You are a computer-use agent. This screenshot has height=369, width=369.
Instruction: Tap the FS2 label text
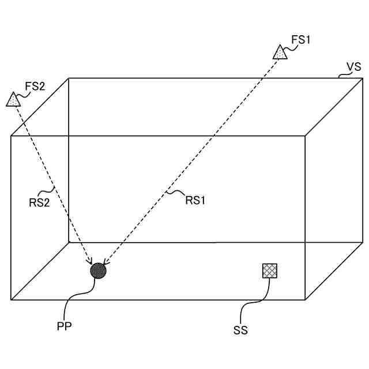point(35,86)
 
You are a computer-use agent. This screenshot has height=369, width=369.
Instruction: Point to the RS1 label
point(195,200)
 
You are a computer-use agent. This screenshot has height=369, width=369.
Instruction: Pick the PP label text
point(64,326)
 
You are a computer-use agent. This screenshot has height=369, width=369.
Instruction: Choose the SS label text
point(240,330)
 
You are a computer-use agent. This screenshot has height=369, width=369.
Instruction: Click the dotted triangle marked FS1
point(280,53)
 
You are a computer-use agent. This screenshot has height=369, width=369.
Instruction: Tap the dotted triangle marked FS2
point(13,99)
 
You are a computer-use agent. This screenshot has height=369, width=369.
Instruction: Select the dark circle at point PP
point(99,270)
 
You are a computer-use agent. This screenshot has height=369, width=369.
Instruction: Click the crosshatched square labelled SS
point(269,270)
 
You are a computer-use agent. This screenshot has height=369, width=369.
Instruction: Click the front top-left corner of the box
point(11,136)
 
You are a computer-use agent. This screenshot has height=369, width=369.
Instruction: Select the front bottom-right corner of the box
point(305,300)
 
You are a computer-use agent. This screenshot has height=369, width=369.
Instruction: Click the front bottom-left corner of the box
point(11,300)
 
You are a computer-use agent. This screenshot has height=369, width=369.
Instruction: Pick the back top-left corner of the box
point(69,78)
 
